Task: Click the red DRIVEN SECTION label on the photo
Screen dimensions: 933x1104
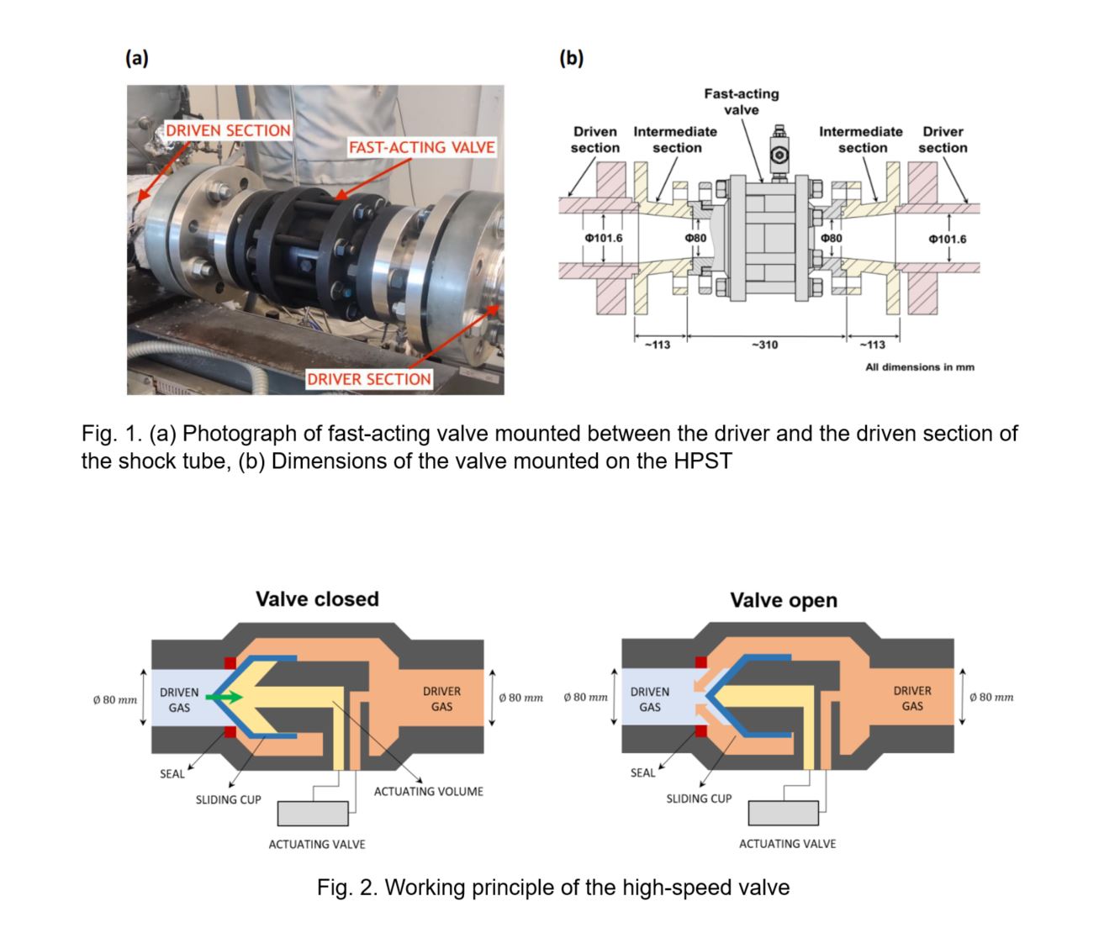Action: point(228,131)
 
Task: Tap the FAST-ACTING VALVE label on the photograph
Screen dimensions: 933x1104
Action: point(421,148)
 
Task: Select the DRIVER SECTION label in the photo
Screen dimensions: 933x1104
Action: point(368,379)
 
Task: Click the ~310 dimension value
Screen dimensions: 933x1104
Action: point(764,345)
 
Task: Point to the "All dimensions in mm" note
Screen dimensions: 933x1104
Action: point(920,367)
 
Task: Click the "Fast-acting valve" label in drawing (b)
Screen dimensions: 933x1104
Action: point(741,102)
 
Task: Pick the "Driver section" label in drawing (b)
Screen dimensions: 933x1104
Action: point(943,140)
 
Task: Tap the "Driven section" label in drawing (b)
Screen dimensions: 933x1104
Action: point(595,140)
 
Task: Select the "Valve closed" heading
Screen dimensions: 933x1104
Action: point(317,599)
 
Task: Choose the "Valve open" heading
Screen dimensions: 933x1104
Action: point(783,600)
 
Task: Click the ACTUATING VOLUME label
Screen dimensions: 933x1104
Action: point(428,792)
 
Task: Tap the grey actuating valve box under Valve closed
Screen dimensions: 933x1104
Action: point(313,814)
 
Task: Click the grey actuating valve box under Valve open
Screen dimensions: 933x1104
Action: point(784,814)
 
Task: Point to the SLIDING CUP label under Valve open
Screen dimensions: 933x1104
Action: point(699,799)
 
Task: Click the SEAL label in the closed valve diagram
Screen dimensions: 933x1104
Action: point(172,773)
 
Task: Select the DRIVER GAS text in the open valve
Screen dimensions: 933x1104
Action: point(912,698)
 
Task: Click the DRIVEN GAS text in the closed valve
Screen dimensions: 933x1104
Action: point(179,699)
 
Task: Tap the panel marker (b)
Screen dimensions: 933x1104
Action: point(571,58)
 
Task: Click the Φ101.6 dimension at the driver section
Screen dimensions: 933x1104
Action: point(947,240)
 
